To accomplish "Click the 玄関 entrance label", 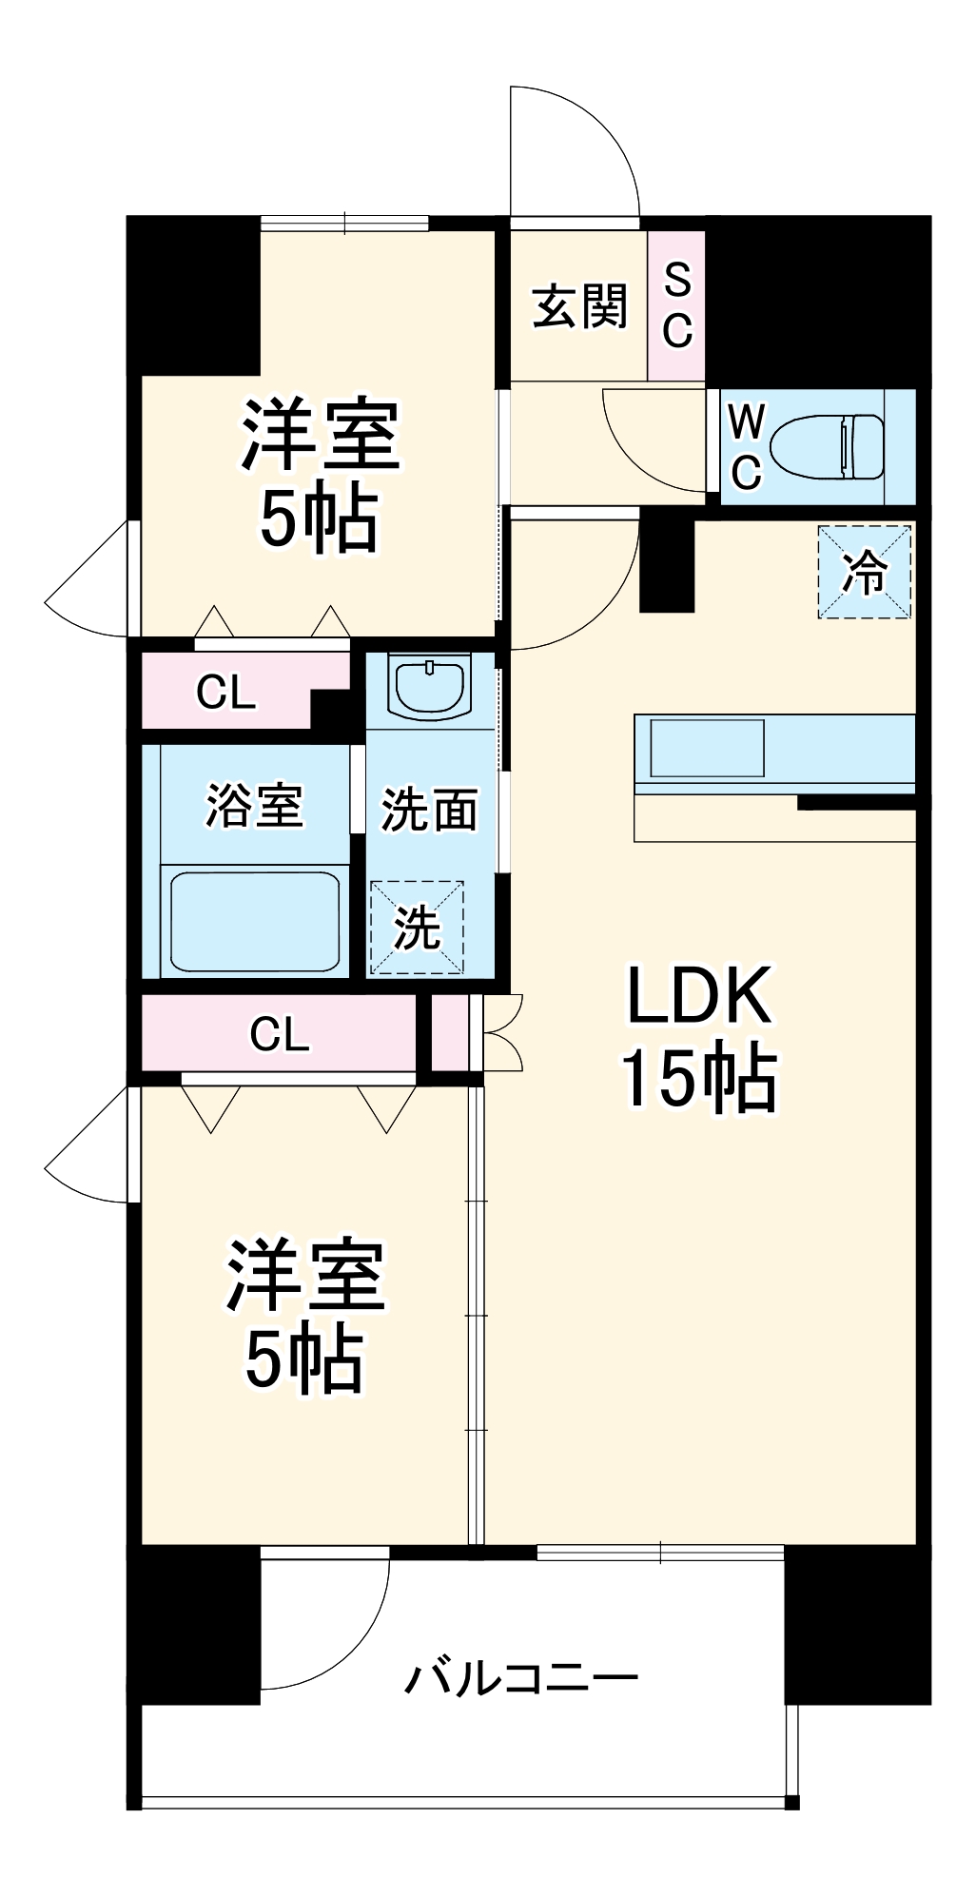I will (579, 306).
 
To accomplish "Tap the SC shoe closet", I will (676, 305).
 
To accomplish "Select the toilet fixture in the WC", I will (826, 446).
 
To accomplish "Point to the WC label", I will (746, 446).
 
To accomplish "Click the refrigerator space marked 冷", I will (865, 572).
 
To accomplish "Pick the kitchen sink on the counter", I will (707, 748).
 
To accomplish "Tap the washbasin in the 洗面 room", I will (430, 687).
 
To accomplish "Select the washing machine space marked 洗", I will (417, 928).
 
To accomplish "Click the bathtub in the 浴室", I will (254, 921).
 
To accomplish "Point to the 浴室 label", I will (254, 806).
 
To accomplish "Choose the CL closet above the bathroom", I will (226, 692).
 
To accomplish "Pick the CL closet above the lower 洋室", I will (279, 1033).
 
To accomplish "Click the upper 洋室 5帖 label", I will (320, 476).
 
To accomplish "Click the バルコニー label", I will (521, 1677).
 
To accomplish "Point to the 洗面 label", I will (429, 810).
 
